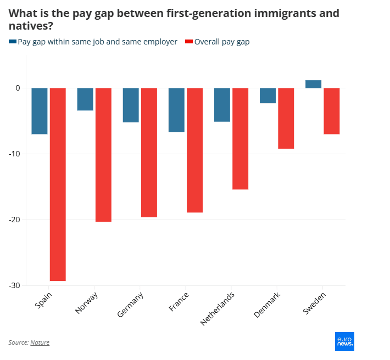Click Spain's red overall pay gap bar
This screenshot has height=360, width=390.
click(58, 184)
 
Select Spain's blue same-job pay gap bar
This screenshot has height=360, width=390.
click(40, 111)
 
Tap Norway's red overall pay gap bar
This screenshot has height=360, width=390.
click(103, 155)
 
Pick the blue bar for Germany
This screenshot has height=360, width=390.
click(131, 105)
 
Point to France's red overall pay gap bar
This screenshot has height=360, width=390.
click(194, 150)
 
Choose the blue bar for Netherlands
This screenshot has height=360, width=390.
click(222, 104)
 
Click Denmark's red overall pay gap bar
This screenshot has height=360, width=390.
click(286, 118)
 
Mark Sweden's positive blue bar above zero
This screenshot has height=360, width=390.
click(313, 84)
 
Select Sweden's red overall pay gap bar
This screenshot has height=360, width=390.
click(331, 111)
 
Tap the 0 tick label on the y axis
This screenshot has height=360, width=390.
click(18, 88)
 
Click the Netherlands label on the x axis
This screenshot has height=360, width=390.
click(218, 309)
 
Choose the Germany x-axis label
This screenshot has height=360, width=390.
click(131, 305)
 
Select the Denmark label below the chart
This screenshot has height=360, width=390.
click(268, 304)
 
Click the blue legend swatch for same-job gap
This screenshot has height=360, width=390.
click(13, 42)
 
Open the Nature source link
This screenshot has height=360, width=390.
click(40, 342)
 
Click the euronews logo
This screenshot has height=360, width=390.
click(344, 341)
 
